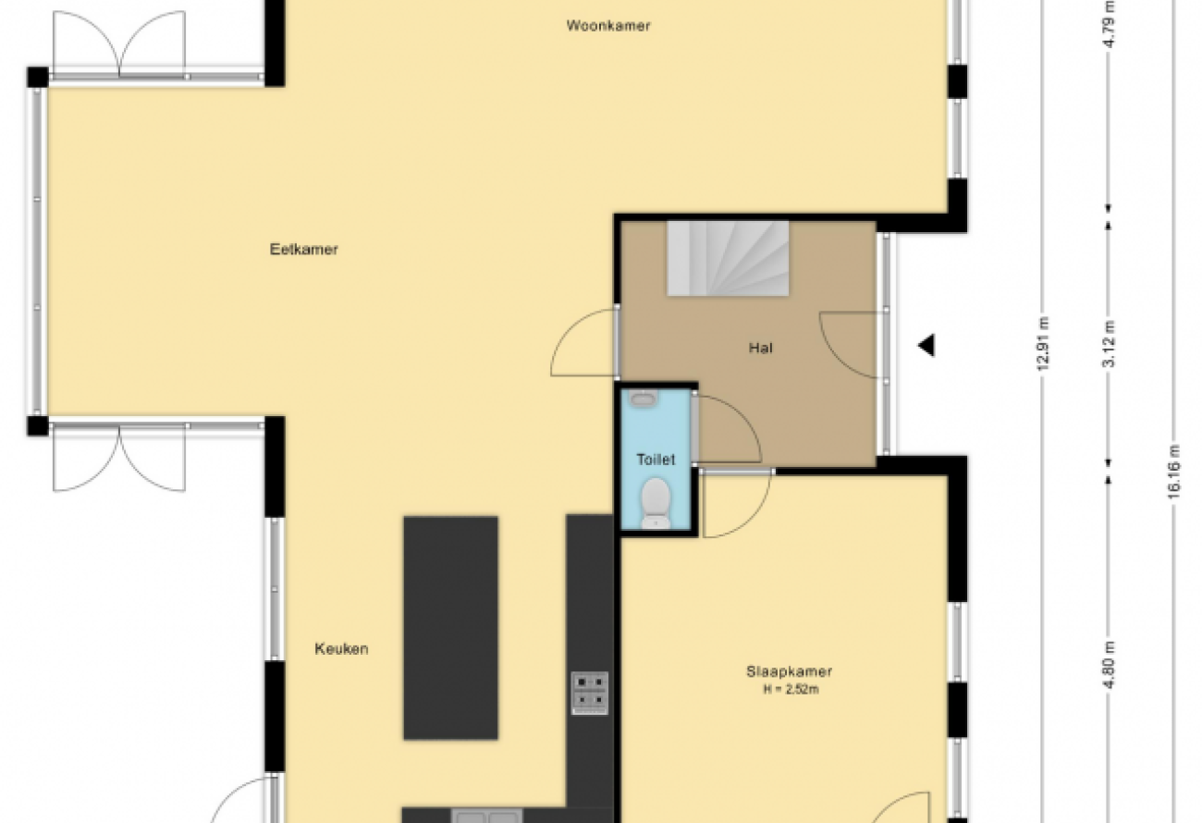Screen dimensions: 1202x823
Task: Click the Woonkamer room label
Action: [608, 26]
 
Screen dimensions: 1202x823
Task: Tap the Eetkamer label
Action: [303, 250]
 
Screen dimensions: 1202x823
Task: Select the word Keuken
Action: [341, 649]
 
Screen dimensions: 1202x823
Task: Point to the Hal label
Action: [761, 349]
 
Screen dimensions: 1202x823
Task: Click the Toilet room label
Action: [656, 460]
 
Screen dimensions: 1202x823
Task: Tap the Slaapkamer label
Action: [789, 671]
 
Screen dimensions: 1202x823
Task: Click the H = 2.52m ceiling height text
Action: [791, 690]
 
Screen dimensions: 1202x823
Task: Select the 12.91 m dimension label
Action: [1043, 344]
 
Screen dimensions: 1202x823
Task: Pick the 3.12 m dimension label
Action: [1109, 344]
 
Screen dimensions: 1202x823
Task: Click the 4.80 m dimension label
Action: [1109, 665]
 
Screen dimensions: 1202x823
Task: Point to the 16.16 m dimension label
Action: [1173, 472]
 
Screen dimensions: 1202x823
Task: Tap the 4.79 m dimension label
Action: [1109, 24]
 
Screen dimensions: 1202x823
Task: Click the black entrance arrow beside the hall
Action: [926, 345]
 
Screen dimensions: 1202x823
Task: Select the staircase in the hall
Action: [728, 259]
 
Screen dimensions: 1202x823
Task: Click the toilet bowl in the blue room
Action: [656, 503]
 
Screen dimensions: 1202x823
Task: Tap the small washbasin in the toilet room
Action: [643, 398]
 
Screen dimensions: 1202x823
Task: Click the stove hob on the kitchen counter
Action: [590, 694]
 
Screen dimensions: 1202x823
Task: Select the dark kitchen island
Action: [451, 628]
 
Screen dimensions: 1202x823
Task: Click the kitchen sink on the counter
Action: [487, 816]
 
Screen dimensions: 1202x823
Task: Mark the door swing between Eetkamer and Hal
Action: [583, 342]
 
